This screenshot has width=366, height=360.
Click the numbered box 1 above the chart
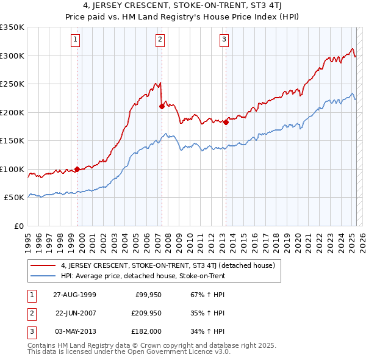tap(75, 40)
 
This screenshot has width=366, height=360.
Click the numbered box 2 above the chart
tap(160, 40)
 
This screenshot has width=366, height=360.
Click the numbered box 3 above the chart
tap(224, 40)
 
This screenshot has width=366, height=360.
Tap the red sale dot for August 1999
tap(77, 169)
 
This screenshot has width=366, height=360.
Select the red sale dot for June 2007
tap(162, 106)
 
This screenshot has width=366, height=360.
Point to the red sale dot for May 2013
tap(226, 122)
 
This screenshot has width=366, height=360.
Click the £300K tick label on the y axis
tap(12, 56)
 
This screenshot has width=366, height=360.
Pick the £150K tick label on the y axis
tap(12, 140)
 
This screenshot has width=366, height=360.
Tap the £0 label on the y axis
tap(18, 226)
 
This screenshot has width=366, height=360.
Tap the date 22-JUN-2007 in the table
tap(76, 313)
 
